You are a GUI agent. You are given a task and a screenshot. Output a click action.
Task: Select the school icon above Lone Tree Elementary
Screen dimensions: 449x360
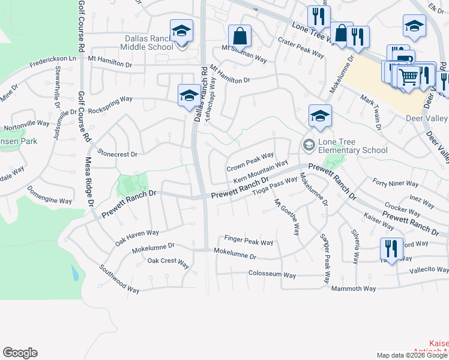[320, 116]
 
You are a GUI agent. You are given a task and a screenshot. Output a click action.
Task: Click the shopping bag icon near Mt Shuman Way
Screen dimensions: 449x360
[240, 36]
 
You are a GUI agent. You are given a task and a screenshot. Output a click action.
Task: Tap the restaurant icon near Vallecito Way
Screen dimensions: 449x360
[391, 250]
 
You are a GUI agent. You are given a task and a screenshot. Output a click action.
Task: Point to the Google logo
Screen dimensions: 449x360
[20, 353]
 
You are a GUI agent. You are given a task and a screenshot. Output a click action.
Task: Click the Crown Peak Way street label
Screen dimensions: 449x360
[250, 161]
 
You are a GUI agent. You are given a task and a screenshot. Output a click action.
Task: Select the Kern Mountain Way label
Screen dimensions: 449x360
[256, 172]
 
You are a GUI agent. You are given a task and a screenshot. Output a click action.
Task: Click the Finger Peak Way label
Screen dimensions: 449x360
[249, 241]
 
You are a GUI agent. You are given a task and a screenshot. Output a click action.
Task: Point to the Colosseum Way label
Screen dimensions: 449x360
[272, 274]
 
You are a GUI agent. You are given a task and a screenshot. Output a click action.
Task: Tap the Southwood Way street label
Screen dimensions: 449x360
[119, 280]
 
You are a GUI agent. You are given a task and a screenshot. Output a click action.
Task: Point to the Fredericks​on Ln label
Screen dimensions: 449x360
[53, 59]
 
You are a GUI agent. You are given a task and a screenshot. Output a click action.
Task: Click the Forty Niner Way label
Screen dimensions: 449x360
[395, 184]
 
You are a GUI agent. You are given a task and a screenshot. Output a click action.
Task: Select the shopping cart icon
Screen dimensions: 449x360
[408, 76]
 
